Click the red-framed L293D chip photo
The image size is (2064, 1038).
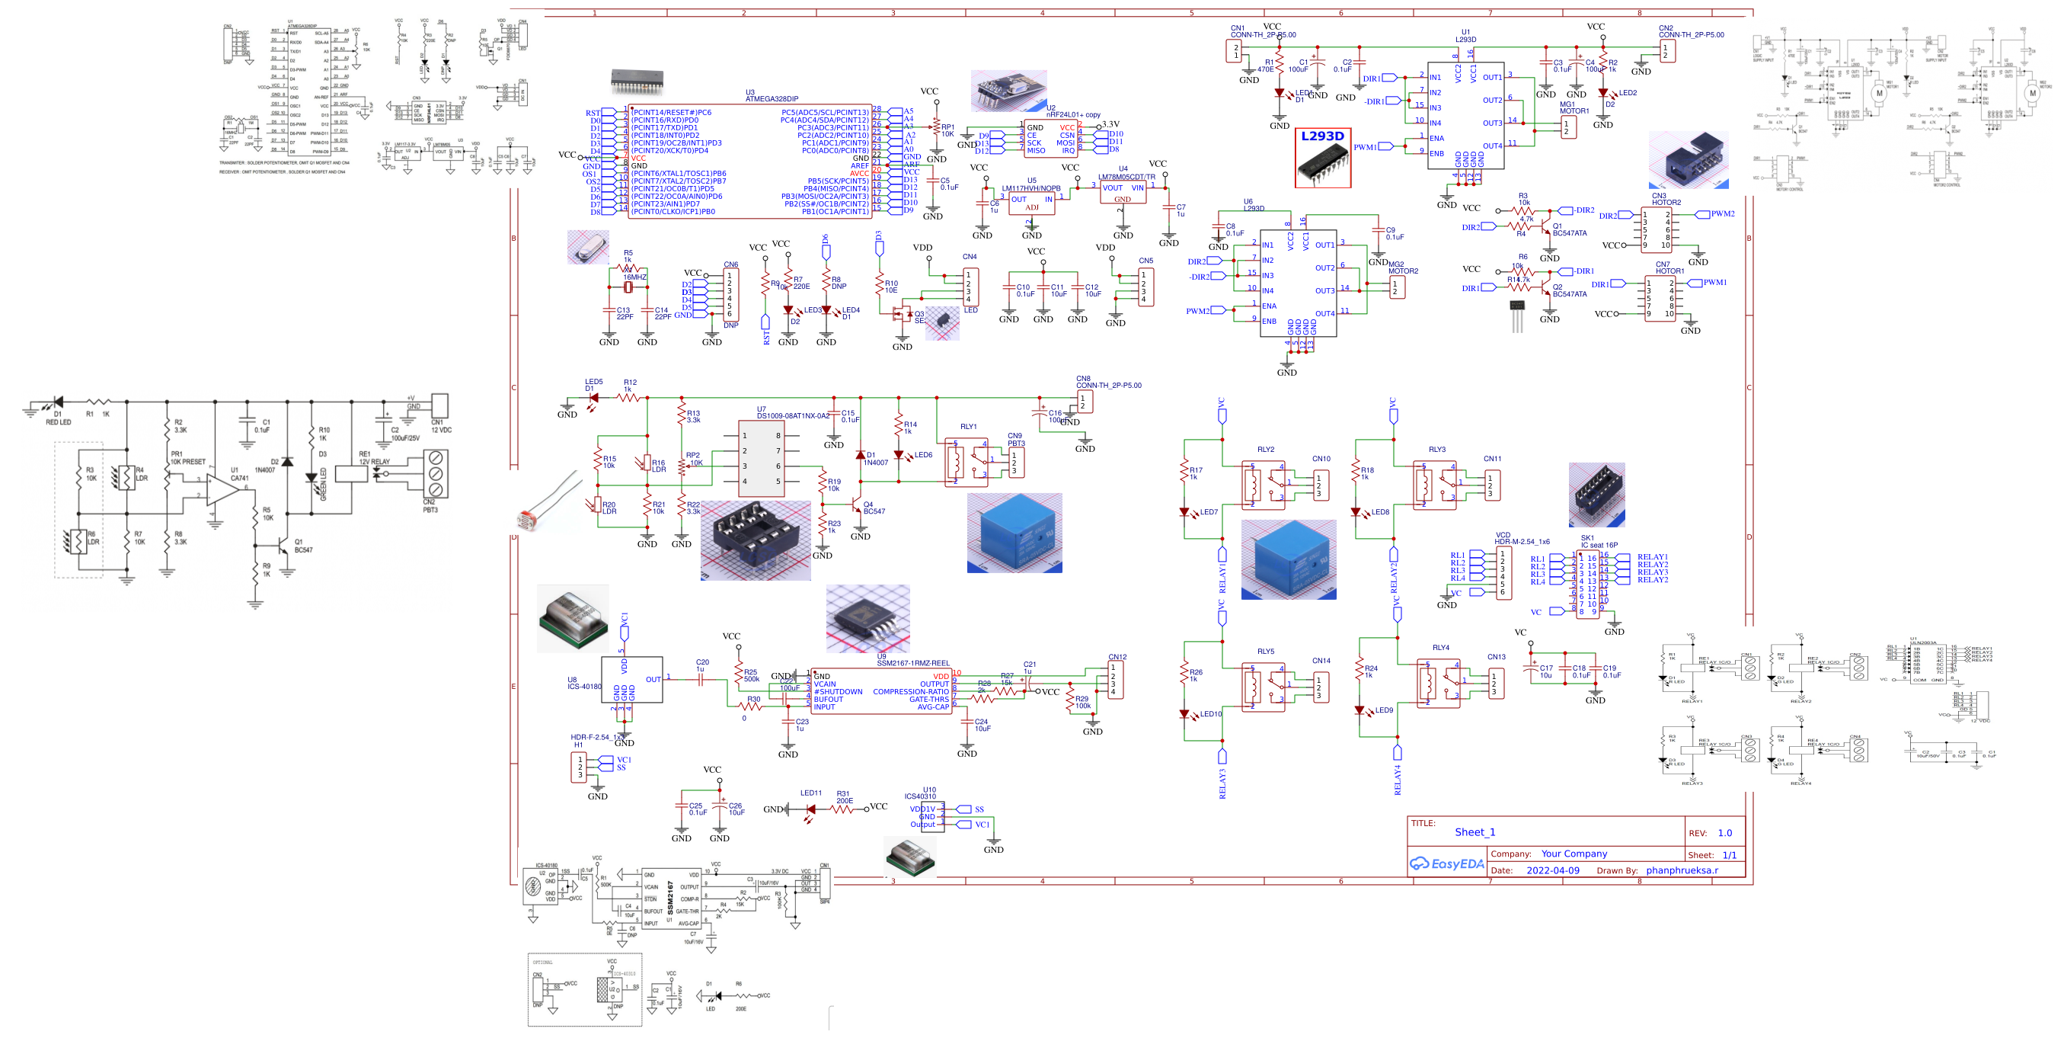click(1323, 159)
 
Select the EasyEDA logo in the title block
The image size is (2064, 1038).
click(1447, 864)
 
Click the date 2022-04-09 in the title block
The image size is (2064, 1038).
click(1552, 870)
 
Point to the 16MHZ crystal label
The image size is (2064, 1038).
click(634, 277)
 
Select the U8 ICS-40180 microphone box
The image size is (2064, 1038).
click(631, 680)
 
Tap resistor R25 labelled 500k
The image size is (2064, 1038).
click(739, 673)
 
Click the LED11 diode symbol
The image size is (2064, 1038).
click(810, 809)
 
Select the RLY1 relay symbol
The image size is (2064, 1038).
click(970, 461)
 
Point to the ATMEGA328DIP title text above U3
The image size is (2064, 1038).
click(772, 99)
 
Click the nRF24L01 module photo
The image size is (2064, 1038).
click(1008, 91)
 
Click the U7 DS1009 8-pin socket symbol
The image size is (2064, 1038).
click(760, 459)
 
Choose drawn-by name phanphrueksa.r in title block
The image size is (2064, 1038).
click(1682, 870)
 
